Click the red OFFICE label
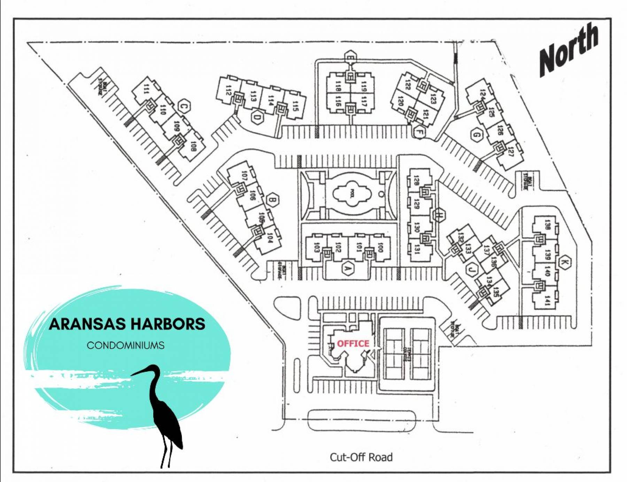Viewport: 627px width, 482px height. tap(353, 344)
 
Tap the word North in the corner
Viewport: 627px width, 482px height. tap(569, 49)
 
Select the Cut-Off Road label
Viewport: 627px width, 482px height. tap(361, 457)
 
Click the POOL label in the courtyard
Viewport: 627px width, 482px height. tap(352, 193)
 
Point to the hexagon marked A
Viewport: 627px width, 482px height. tap(347, 268)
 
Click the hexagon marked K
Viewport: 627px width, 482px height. tap(565, 262)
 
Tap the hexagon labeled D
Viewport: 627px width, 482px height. tap(257, 117)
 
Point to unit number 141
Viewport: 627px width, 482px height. tap(547, 300)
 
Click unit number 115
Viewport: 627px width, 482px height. tap(295, 106)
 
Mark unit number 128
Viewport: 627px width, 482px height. tap(416, 180)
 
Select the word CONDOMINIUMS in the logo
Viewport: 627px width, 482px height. tap(125, 345)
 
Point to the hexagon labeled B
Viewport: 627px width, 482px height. tap(273, 200)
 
